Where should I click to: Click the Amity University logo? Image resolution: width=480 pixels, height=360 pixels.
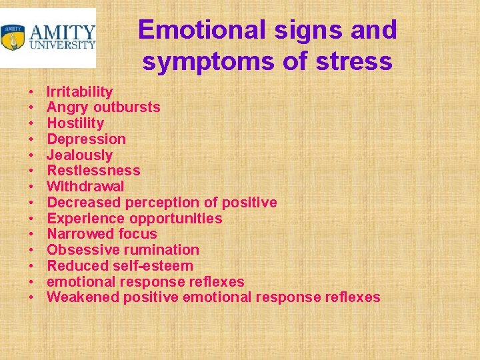coord(48,37)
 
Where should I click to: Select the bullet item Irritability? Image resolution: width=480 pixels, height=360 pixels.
coord(79,92)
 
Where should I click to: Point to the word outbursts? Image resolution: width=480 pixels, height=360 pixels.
coord(127,107)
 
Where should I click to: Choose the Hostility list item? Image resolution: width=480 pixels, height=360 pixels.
coord(75,123)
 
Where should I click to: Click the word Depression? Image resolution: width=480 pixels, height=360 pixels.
coord(86,139)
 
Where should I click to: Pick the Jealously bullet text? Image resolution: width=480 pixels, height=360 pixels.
coord(79,155)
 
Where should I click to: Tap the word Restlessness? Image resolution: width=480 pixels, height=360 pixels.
coord(93,171)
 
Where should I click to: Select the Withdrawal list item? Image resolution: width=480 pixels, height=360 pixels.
coord(85,187)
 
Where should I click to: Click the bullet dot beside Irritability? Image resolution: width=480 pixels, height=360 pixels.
coord(31,92)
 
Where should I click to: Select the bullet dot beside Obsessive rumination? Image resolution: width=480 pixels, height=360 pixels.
coord(31,250)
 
